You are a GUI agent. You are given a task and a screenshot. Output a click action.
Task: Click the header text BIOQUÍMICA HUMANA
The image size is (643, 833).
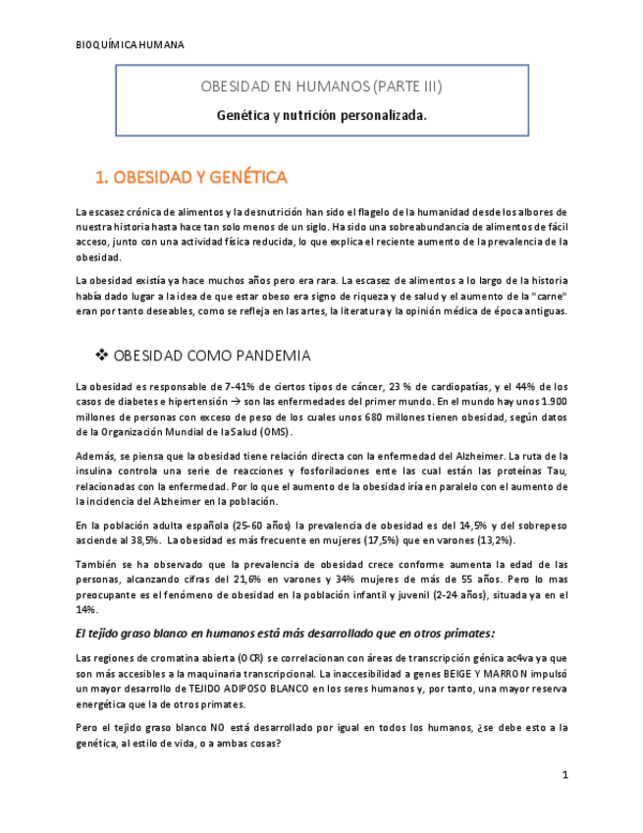click(130, 45)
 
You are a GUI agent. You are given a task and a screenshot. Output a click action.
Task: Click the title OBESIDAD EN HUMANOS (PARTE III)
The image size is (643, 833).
click(321, 86)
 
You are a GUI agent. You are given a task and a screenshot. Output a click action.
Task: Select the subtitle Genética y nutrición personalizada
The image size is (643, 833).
click(321, 115)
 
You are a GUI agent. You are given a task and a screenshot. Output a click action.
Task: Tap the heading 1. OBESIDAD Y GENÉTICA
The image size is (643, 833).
click(190, 178)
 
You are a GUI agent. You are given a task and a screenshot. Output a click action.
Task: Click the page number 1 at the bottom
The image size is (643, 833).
click(565, 775)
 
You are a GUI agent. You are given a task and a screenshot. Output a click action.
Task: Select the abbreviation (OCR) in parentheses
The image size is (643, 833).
click(234, 657)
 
